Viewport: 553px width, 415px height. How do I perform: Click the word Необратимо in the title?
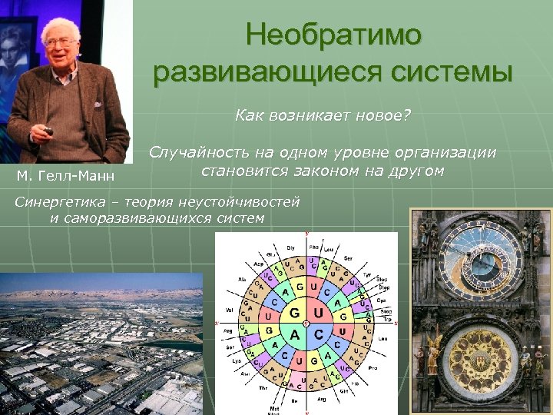click(x=333, y=35)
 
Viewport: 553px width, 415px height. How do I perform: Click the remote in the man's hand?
click(x=49, y=131)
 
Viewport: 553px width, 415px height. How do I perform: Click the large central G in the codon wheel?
click(x=293, y=313)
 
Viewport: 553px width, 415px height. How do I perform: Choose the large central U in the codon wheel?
click(x=318, y=313)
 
